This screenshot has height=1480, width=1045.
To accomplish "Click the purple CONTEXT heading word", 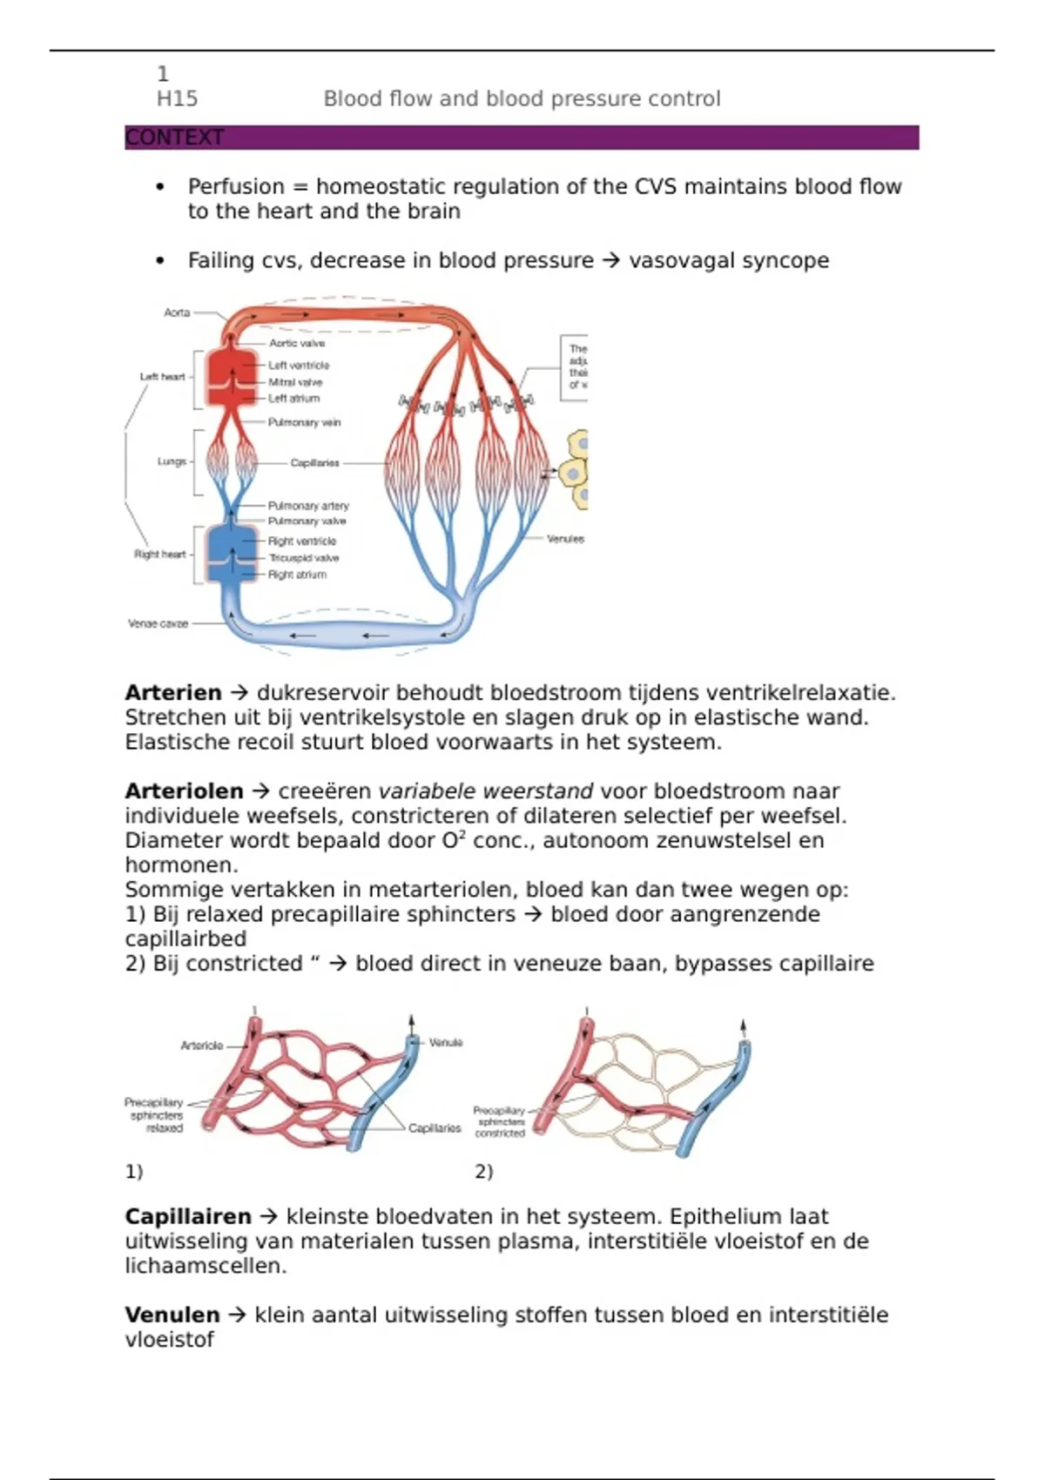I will (x=174, y=138).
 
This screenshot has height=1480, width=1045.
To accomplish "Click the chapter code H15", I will (x=177, y=98).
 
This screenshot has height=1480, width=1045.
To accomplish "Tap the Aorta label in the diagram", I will (x=177, y=313).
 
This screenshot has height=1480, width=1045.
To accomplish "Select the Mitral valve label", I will (x=295, y=382).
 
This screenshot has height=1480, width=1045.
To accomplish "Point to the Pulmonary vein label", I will (x=304, y=422).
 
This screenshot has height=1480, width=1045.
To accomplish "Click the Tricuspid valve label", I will (x=303, y=558).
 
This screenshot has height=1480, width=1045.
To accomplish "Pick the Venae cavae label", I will (x=158, y=623).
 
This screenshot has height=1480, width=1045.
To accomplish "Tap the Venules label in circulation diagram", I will (x=565, y=539).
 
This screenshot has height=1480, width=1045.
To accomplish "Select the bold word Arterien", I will (x=173, y=693).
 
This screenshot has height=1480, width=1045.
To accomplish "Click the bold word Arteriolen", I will (x=184, y=791).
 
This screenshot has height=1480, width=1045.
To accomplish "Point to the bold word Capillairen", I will (x=187, y=1216).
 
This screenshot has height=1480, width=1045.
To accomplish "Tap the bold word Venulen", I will (x=172, y=1315).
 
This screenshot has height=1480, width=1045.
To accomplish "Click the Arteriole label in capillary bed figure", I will (x=202, y=1046).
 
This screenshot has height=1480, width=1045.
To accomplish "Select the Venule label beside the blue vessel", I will (x=446, y=1042).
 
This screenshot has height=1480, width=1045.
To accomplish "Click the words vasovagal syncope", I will (x=728, y=260).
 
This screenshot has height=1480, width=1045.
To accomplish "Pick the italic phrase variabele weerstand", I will (x=485, y=791).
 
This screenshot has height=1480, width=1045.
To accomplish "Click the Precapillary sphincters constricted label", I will (x=500, y=1122).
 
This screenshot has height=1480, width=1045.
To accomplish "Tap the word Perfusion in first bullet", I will (x=236, y=186).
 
